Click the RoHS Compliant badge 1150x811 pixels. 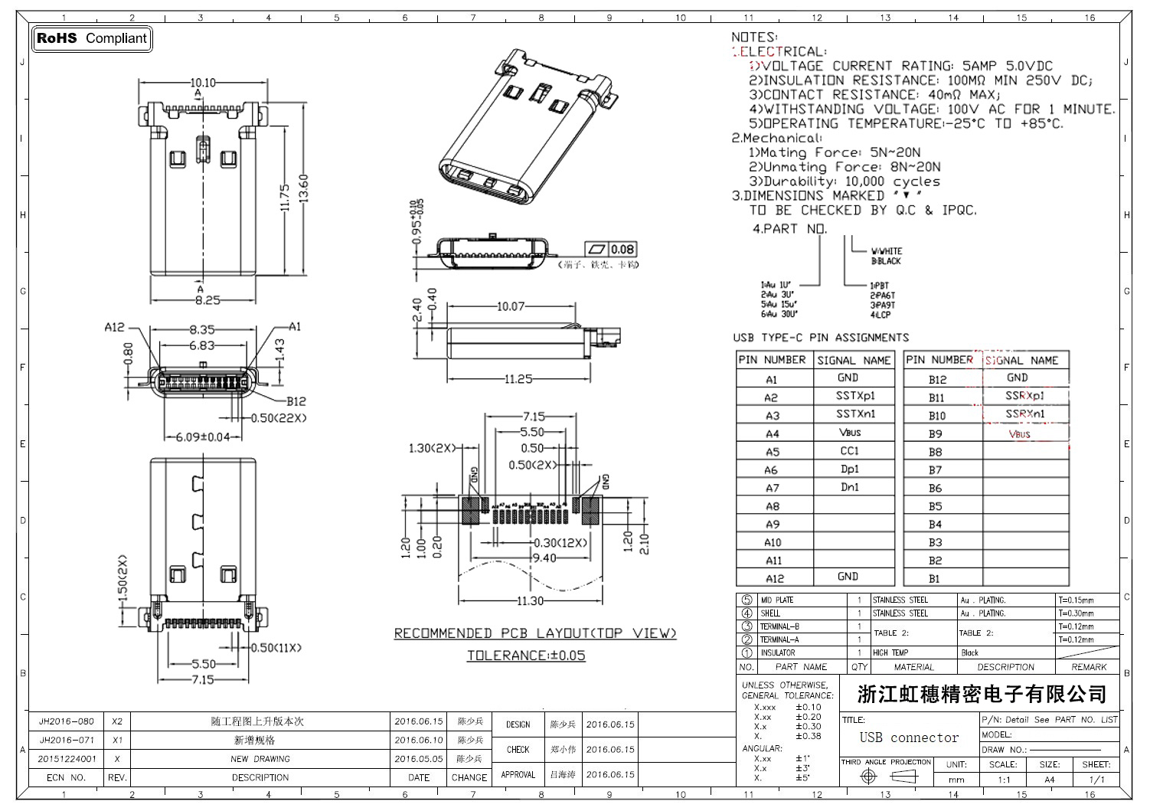(92, 38)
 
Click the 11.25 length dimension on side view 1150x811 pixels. (518, 379)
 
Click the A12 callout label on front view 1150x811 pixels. (114, 327)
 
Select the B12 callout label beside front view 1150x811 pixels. (296, 401)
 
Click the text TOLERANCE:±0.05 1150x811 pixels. (526, 656)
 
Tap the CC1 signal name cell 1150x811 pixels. (850, 451)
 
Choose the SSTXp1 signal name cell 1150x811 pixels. (854, 396)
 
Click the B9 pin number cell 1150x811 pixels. (936, 433)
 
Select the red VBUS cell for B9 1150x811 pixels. (1020, 434)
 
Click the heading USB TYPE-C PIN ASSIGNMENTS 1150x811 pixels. (821, 338)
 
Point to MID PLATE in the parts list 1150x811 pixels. (777, 600)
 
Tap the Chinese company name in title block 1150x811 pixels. (982, 695)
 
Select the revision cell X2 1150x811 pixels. (117, 721)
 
